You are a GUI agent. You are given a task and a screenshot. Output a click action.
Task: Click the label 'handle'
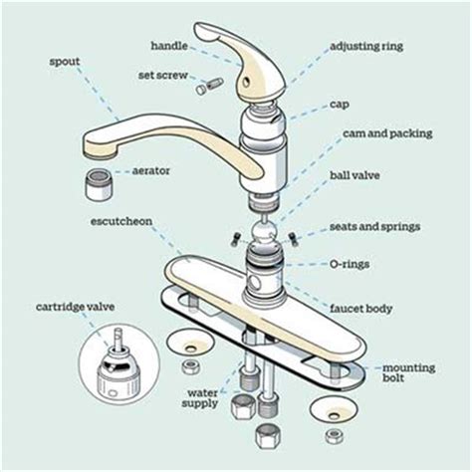[x=169, y=46]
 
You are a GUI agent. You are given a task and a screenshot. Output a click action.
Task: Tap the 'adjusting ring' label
[x=366, y=47]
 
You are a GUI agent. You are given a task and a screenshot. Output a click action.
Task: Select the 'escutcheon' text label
[x=121, y=221]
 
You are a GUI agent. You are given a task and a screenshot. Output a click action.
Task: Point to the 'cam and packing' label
[x=387, y=133]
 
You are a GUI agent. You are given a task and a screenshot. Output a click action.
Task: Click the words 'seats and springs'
[x=375, y=227]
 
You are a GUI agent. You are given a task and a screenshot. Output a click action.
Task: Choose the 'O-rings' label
[x=350, y=264]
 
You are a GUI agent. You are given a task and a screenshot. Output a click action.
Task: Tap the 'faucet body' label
[x=360, y=309]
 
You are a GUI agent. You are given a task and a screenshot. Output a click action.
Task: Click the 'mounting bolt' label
[x=409, y=372]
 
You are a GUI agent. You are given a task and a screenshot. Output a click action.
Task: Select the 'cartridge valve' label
[x=76, y=307]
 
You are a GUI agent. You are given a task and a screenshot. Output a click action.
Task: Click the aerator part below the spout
[x=100, y=184]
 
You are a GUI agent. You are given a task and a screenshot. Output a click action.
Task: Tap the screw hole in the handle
[x=246, y=82]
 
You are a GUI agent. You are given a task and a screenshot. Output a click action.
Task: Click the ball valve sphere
[x=264, y=231]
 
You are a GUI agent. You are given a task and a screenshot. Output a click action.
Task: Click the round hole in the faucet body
[x=255, y=283]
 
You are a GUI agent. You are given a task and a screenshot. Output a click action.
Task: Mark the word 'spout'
[x=65, y=62]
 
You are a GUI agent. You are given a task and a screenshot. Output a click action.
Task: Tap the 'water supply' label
[x=200, y=398]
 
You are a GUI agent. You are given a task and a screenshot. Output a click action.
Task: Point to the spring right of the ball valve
[x=292, y=239]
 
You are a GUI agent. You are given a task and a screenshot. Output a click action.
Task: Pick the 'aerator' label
[x=151, y=171]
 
